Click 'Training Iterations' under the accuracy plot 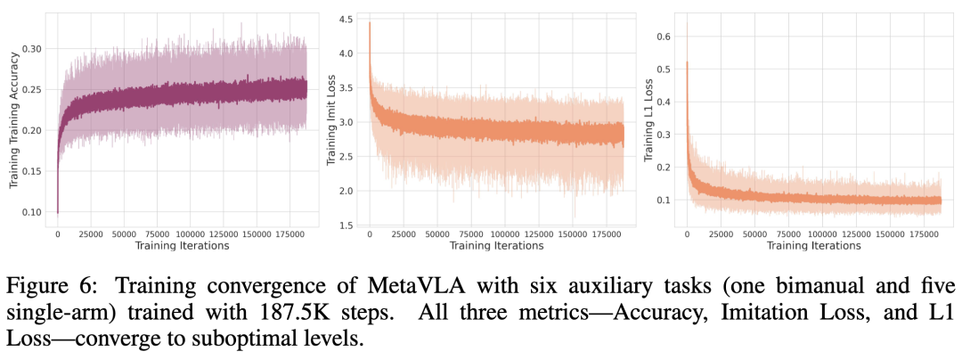click(182, 245)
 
